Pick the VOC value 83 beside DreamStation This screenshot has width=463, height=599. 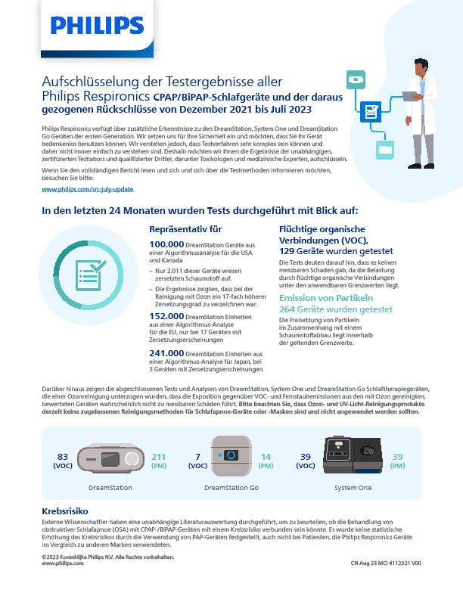point(63,456)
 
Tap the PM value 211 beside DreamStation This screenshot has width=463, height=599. point(159,456)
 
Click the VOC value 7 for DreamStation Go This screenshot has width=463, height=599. point(197,456)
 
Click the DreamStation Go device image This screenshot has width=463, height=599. point(231,457)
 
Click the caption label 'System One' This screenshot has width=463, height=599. point(353,488)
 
